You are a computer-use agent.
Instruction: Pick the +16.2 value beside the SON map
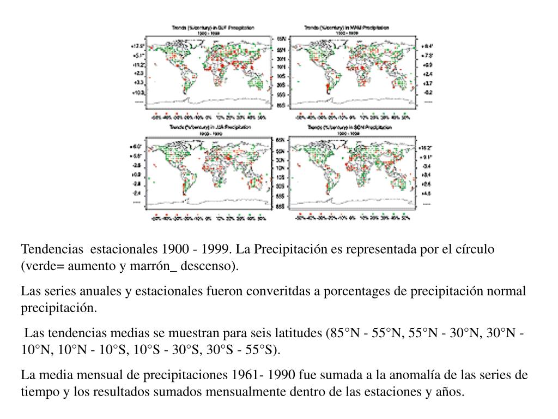[424, 148]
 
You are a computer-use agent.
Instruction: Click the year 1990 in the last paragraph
[277, 375]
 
